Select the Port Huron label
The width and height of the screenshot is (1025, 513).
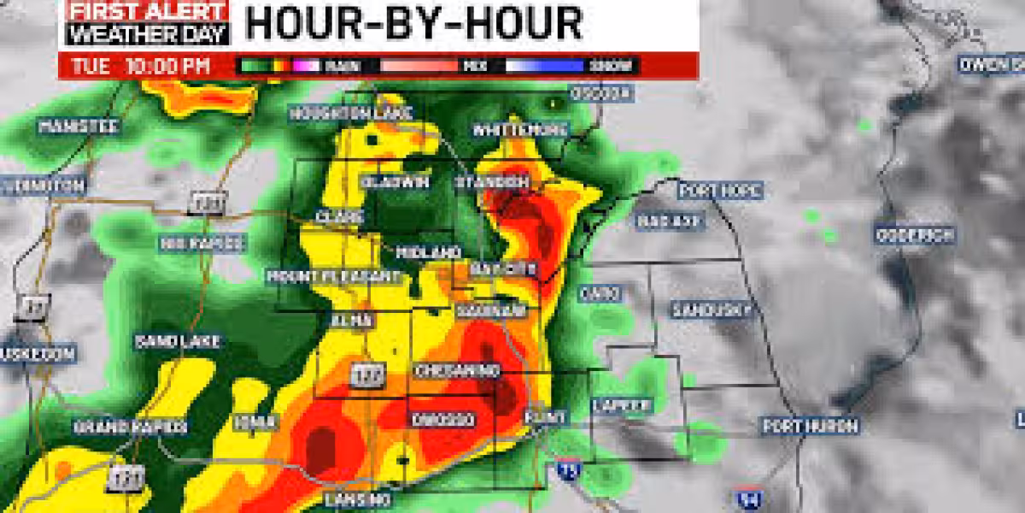coord(799,425)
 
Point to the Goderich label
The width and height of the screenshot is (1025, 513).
coord(914,235)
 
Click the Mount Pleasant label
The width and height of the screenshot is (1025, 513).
coord(333,276)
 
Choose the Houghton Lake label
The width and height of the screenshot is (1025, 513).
coord(350,113)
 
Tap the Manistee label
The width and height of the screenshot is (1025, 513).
coord(78,127)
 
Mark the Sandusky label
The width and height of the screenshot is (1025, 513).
coord(711,309)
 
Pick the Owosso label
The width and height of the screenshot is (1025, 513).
coord(442,419)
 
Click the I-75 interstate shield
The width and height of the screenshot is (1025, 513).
coord(565,468)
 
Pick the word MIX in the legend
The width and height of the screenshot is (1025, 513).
coord(471,66)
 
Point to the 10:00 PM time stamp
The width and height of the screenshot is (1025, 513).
coord(167,66)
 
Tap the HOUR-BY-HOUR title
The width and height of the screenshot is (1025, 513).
coord(414,23)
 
